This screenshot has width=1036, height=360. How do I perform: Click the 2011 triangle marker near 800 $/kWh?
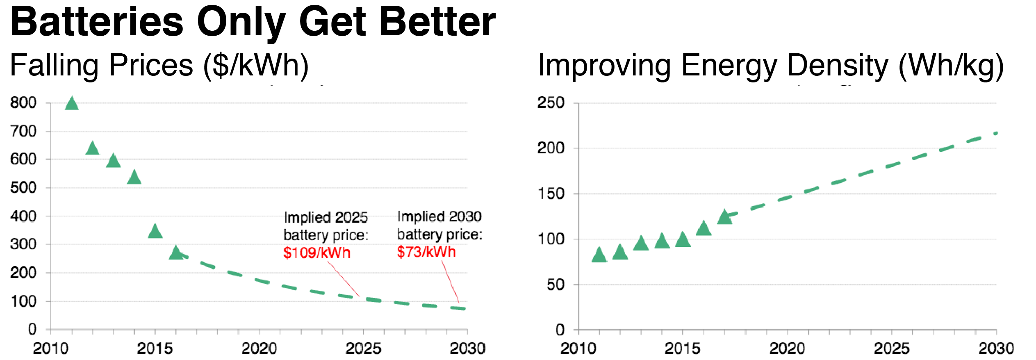tap(72, 104)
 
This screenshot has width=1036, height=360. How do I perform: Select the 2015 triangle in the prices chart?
tap(155, 232)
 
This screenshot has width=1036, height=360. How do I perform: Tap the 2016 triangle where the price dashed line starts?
tap(176, 253)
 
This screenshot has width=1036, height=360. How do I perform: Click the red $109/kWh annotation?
tap(316, 253)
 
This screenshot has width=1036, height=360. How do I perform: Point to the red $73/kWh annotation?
tap(426, 252)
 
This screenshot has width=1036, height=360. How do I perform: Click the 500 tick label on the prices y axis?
tap(23, 188)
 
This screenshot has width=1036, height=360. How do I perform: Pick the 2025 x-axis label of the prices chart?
tap(363, 349)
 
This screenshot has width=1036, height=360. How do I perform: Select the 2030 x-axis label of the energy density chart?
tap(996, 349)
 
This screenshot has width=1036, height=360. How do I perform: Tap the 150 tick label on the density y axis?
tap(551, 194)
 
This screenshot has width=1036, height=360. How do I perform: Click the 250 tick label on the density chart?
tap(551, 103)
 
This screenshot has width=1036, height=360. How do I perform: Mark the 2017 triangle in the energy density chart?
tap(724, 217)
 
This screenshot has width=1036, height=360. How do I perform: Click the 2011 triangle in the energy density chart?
tap(599, 255)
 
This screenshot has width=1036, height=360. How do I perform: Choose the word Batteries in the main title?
tap(97, 22)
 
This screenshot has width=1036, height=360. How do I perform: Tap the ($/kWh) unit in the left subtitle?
tap(256, 66)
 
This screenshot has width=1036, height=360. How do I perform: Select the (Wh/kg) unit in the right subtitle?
tap(951, 66)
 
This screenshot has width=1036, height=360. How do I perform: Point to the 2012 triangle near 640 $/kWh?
tap(93, 148)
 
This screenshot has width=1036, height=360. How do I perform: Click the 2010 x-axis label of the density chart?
tap(578, 349)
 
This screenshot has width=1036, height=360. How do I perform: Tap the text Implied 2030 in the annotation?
tap(439, 216)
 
